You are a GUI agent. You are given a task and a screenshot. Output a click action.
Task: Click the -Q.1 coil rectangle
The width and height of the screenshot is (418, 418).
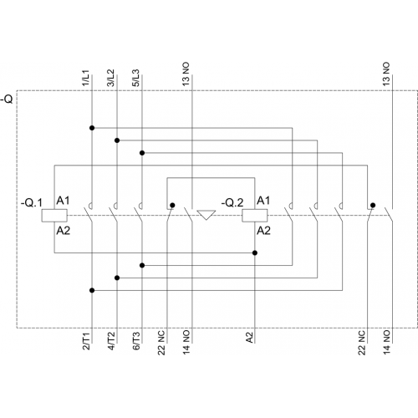tap(54, 216)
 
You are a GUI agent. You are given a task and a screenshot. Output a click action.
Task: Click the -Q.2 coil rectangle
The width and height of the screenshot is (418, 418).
tap(255, 216)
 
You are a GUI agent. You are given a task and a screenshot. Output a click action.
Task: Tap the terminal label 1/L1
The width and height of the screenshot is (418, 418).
tap(85, 78)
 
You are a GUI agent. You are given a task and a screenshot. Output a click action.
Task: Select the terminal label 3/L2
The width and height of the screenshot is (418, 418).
tap(110, 78)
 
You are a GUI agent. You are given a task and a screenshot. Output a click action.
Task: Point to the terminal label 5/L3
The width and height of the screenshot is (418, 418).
tap(135, 78)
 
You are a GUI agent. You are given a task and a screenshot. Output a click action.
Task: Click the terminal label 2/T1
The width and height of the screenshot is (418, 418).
tap(86, 341)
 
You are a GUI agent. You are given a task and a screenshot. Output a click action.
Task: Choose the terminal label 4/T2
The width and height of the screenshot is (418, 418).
tap(111, 341)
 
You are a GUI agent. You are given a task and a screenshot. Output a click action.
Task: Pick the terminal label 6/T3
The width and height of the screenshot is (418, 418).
tap(136, 341)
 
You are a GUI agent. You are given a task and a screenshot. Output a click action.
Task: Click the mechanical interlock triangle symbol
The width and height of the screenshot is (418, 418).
tap(206, 215)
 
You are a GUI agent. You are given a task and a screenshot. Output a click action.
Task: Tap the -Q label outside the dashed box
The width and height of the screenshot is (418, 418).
tap(7, 99)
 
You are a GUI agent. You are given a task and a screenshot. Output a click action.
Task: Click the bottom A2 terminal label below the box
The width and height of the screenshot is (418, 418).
tap(250, 338)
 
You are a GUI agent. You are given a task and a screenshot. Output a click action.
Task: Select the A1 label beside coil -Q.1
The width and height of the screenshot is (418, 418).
tap(63, 201)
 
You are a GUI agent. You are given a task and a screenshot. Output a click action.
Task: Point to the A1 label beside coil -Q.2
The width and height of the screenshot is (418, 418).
tap(263, 201)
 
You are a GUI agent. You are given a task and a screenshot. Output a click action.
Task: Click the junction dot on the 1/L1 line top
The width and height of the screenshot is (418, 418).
tap(92, 128)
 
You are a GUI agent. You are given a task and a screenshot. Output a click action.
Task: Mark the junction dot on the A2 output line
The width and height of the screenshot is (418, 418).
tap(255, 252)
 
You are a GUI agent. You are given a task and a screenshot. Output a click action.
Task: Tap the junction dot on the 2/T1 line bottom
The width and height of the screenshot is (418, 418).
tap(92, 290)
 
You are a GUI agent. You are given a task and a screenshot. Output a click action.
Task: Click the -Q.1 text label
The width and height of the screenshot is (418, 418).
tap(32, 202)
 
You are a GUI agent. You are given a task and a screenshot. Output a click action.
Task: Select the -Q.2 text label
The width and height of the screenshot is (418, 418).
tap(232, 202)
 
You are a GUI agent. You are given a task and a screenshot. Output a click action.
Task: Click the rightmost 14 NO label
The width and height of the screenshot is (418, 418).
tap(386, 343)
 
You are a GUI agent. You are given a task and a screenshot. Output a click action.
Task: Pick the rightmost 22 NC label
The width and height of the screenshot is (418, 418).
tap(361, 343)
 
